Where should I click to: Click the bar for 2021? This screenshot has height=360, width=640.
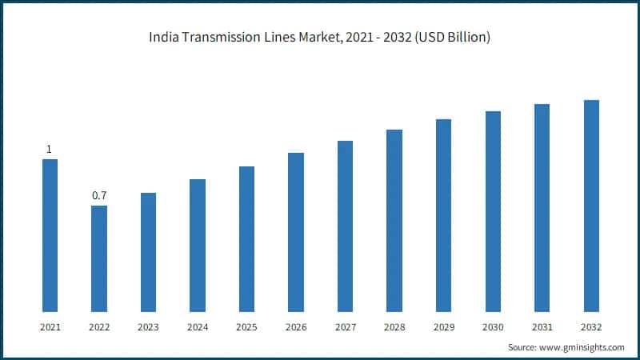50,235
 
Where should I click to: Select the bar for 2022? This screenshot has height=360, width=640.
99,258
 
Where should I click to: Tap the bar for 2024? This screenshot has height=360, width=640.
198,245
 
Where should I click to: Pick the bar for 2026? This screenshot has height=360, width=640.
296,232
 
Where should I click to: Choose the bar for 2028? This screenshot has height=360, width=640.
394,220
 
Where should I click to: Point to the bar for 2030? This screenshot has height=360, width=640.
493,211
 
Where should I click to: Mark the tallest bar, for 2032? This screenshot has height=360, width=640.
591,206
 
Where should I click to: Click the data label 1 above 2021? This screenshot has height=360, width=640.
50,150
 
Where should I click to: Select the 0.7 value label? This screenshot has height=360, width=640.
99,196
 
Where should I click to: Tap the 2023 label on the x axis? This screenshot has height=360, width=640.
148,327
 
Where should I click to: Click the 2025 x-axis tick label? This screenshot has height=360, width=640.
246,327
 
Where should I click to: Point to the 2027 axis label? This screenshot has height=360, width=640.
345,327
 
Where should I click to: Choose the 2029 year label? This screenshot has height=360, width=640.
443,327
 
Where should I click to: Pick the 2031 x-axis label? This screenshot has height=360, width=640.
542,327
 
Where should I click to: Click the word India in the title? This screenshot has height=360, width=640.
162,38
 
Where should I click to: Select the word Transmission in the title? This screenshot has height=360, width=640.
217,38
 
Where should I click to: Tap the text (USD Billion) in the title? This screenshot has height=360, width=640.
450,38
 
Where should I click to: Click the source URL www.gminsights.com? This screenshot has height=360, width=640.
583,347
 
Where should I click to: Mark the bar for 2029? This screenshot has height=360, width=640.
443,215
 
